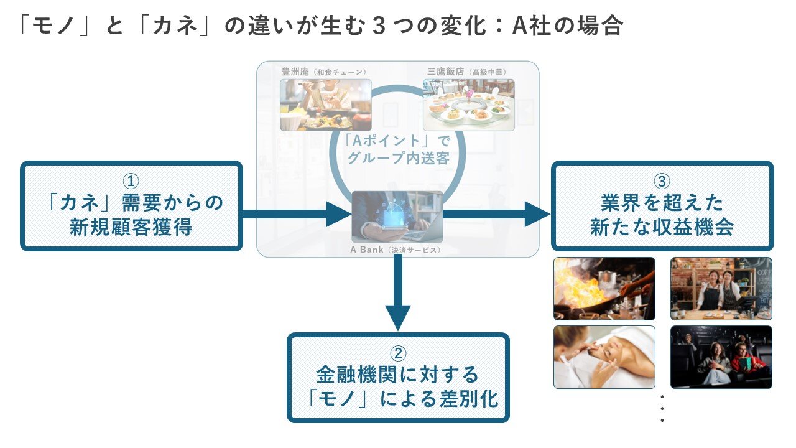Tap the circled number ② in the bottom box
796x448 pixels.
click(398, 353)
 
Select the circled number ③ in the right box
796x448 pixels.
click(662, 181)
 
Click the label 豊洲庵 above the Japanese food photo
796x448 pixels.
click(295, 72)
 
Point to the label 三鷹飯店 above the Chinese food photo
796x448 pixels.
click(443, 72)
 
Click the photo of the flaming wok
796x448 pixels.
click(604, 289)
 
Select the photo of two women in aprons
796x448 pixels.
click(721, 289)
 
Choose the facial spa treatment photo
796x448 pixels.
click(604, 357)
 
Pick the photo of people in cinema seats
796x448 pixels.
click(721, 357)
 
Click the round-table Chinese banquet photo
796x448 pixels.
click(468, 105)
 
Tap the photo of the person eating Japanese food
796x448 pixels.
click(325, 105)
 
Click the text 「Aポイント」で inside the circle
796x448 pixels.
click(398, 140)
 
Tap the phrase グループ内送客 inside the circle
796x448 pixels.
click(398, 158)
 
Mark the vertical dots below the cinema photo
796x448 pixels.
click(662, 408)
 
